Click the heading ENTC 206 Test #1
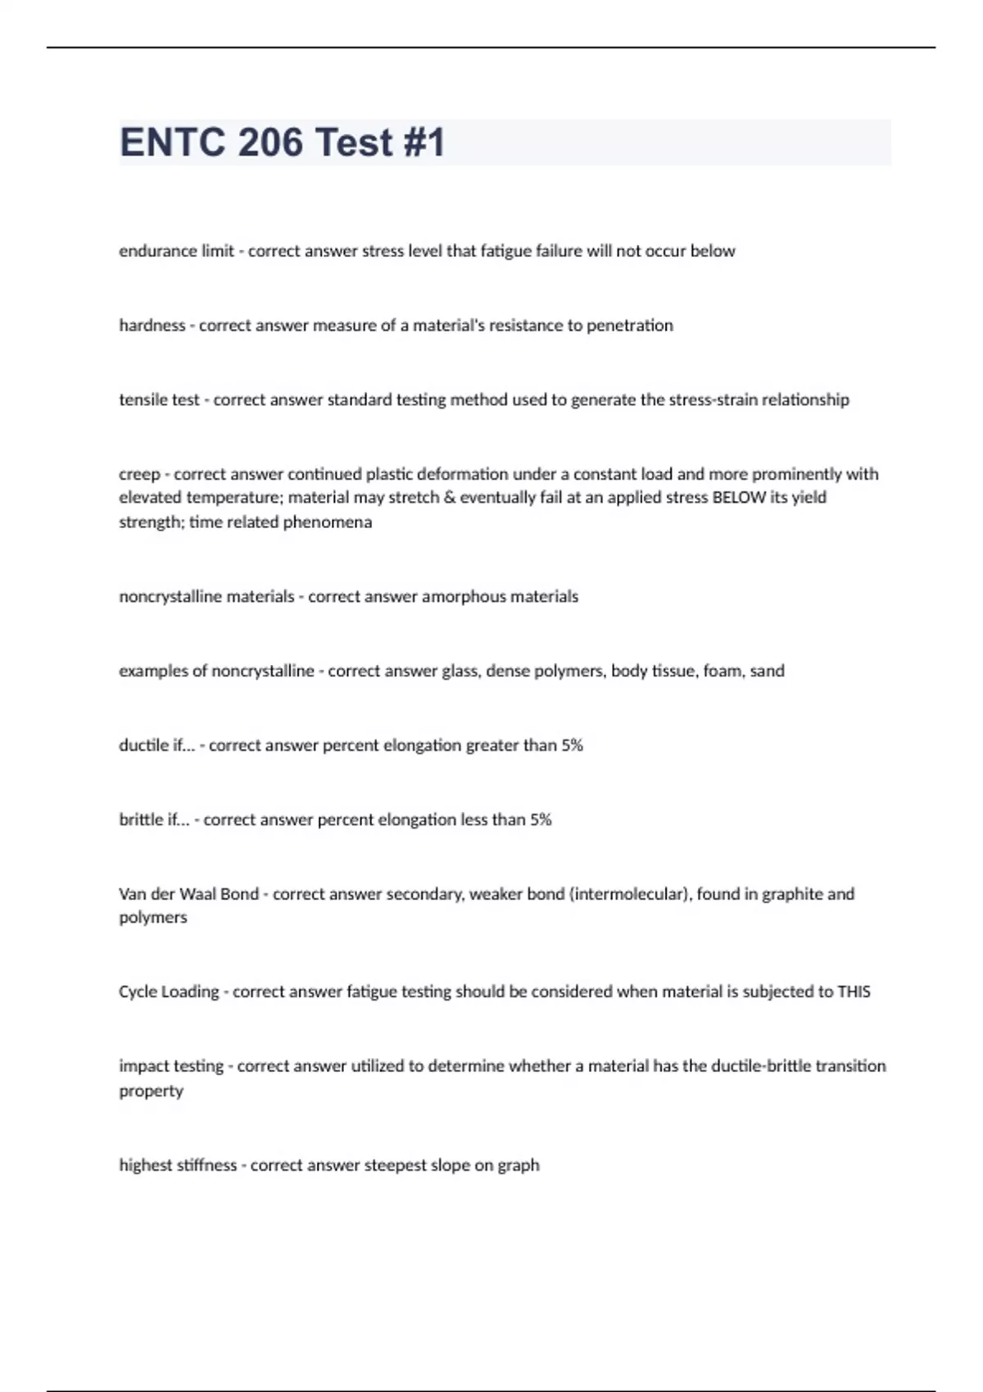283,142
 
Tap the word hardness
152,326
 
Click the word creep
139,474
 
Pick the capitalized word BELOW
740,498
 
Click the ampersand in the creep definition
449,498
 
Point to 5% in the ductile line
572,746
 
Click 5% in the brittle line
541,820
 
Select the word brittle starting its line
141,820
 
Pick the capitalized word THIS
854,992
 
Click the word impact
144,1067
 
